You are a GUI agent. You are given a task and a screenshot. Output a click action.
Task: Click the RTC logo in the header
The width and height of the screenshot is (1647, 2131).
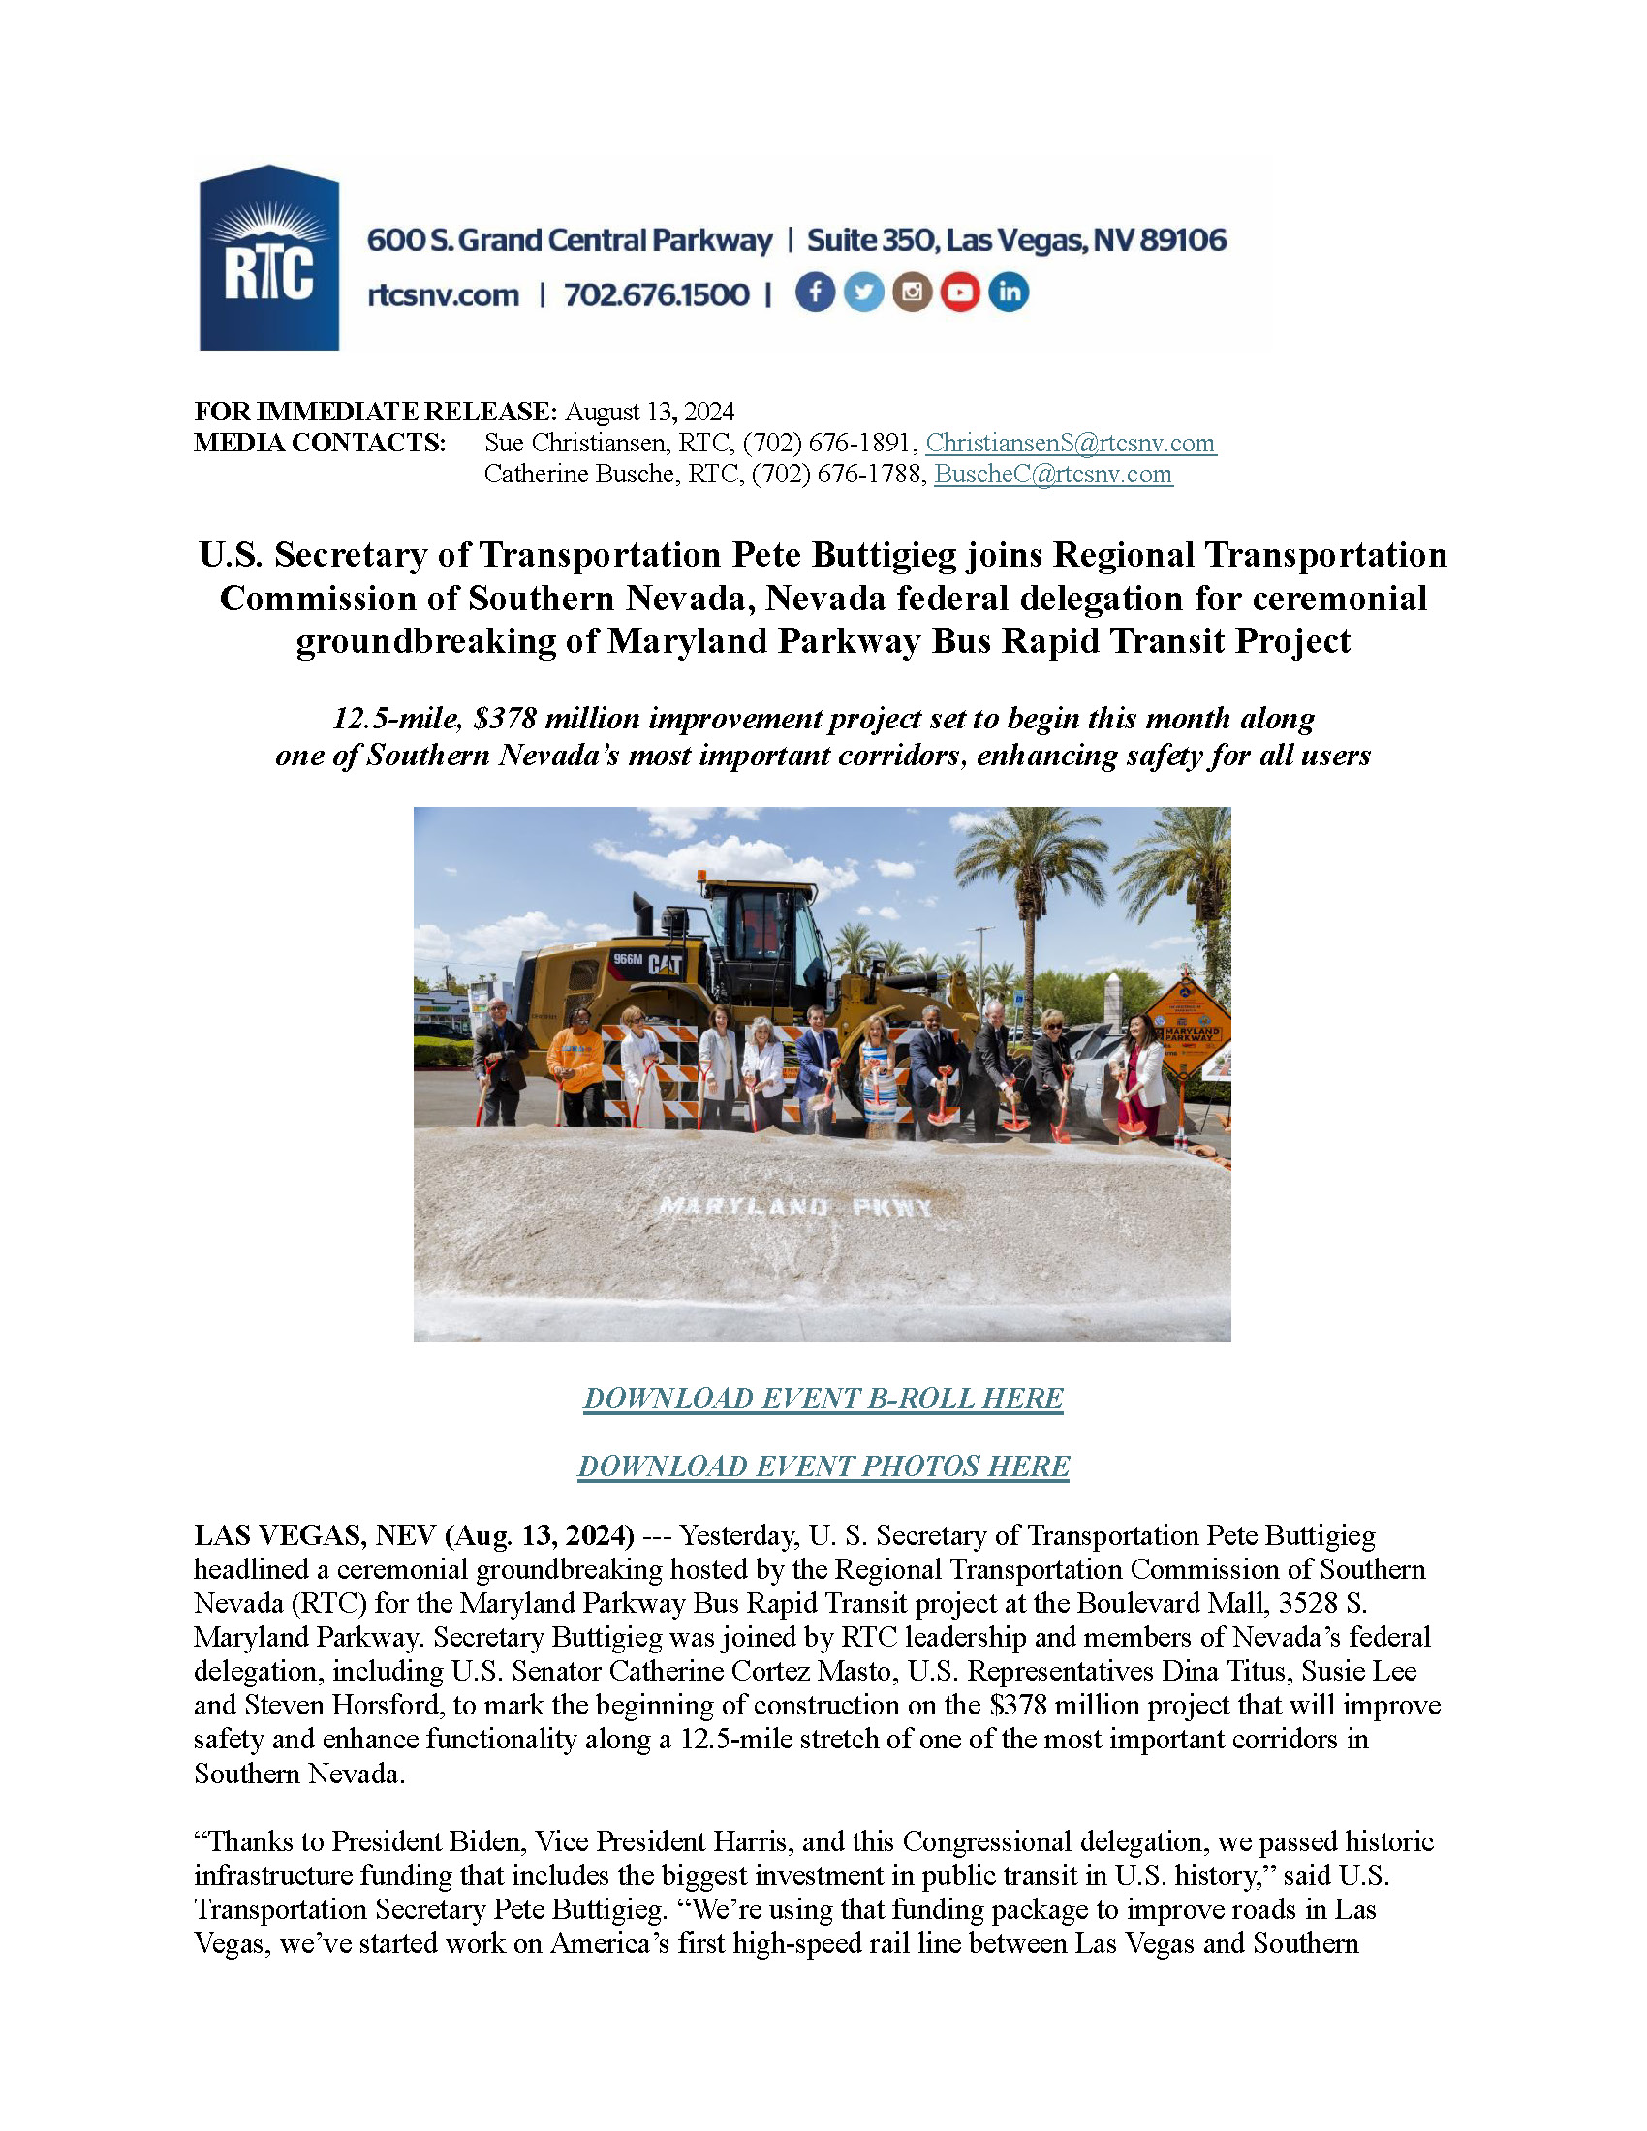(x=269, y=258)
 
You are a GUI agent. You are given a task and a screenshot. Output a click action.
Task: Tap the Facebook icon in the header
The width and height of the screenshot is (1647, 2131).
(x=815, y=293)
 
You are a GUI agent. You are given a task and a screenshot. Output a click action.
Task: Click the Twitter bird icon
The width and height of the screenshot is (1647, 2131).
(x=863, y=293)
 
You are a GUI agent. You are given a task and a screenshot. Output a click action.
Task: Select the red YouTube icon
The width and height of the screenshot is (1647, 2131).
(x=960, y=293)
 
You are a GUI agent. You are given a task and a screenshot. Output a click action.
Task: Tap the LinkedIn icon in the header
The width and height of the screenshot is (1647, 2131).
(x=1009, y=293)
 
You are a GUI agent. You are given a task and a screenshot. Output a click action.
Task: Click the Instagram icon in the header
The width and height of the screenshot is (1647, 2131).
(x=913, y=293)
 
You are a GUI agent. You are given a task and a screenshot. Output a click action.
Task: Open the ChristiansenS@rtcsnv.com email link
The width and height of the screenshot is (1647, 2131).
(x=1070, y=443)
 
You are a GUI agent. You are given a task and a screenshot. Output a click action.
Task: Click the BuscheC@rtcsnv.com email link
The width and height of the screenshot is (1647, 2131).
(x=1053, y=475)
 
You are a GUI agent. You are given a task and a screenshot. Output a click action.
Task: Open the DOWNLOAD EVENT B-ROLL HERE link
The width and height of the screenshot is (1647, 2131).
(x=823, y=1398)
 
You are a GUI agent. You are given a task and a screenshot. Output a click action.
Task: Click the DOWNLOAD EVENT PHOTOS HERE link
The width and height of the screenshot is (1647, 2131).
(x=823, y=1466)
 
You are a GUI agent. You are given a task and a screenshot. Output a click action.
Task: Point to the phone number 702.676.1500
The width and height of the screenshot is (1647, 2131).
(x=657, y=294)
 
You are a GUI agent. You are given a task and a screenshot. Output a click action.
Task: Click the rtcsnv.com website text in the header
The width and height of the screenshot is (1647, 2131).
(x=443, y=294)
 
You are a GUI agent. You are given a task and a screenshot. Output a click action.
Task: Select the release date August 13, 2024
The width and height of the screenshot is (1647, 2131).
(x=649, y=412)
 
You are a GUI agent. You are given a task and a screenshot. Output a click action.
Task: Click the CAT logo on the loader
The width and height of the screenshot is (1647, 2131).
(x=666, y=964)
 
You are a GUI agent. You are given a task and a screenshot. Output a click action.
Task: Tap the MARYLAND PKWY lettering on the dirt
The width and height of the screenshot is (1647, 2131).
(x=795, y=1207)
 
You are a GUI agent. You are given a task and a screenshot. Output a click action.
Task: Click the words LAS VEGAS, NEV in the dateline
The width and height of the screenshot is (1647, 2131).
(x=314, y=1536)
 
